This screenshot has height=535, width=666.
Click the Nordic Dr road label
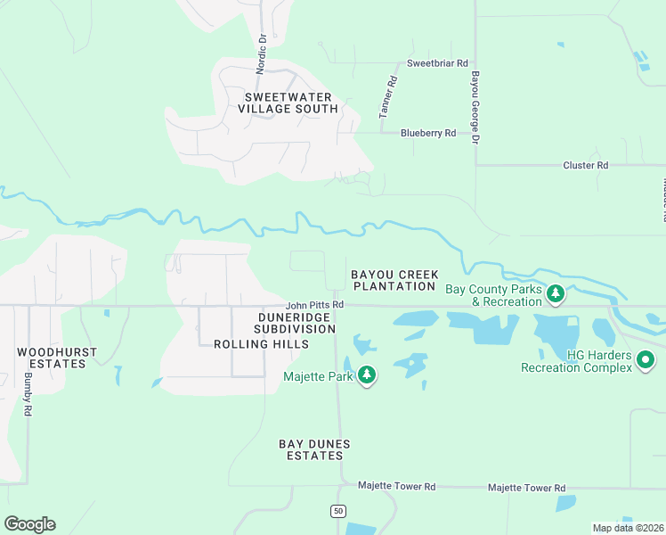click(x=262, y=53)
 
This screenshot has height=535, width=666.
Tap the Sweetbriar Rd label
click(x=437, y=63)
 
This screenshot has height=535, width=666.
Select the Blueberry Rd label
click(x=428, y=133)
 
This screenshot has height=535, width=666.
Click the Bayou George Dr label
click(x=475, y=109)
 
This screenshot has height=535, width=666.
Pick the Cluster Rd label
click(x=585, y=165)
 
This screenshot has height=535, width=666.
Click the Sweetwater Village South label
click(x=288, y=103)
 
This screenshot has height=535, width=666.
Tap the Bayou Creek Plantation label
click(x=394, y=280)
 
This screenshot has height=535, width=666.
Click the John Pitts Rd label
click(x=314, y=304)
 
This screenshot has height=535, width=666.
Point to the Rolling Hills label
click(x=261, y=344)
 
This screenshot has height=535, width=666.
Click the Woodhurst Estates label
click(x=57, y=358)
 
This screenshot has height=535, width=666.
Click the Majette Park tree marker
click(x=367, y=377)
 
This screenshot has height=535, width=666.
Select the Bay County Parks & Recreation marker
click(x=556, y=293)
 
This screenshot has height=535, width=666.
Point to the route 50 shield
click(x=337, y=511)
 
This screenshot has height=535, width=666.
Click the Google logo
click(x=30, y=524)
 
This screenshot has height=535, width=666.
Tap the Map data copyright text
click(x=627, y=528)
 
